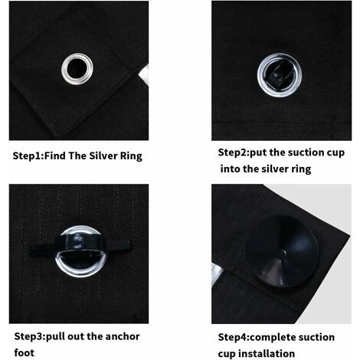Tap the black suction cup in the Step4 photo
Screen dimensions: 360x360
(282, 251)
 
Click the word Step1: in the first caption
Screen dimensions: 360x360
(28, 156)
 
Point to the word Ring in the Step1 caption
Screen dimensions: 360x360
(131, 156)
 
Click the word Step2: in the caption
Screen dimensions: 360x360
(234, 152)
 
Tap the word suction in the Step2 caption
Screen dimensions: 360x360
(303, 152)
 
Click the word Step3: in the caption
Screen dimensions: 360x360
(30, 336)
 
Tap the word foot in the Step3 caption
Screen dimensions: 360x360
(25, 353)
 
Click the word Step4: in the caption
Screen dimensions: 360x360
(234, 337)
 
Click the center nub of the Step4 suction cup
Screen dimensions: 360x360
(285, 253)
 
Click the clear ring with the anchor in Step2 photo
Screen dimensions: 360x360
(280, 55)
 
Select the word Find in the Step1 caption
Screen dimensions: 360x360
(55, 156)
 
